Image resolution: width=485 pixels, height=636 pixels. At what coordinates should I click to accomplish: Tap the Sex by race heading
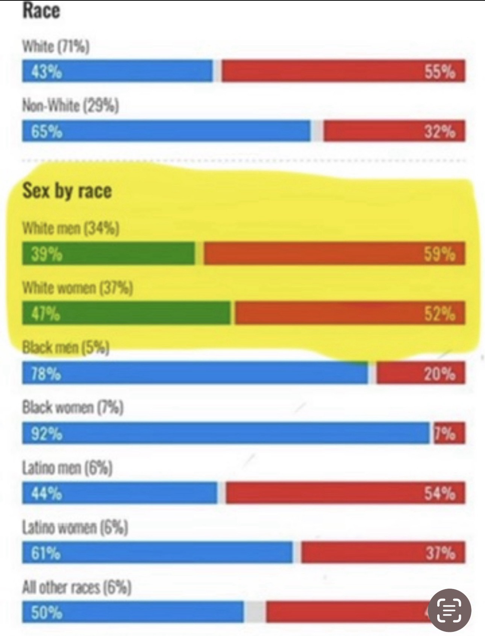(x=67, y=190)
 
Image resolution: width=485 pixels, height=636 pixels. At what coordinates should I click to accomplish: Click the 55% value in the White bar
(x=440, y=71)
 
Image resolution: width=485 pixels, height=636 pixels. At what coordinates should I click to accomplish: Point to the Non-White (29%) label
(x=71, y=106)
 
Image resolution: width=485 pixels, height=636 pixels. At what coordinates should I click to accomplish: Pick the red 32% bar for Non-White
(x=394, y=131)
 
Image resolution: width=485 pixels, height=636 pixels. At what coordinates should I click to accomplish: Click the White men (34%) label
(x=71, y=228)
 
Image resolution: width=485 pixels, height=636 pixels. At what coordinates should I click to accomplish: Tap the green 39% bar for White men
(x=108, y=254)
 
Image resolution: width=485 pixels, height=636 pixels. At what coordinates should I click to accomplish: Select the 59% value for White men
(x=440, y=254)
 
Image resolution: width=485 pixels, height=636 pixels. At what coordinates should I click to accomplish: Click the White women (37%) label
(x=77, y=288)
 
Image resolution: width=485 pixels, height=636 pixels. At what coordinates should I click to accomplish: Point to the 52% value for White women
(x=440, y=313)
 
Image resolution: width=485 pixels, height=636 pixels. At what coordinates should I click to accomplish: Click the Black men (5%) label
(x=66, y=347)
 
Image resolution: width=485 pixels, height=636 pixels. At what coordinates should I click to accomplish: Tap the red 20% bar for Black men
(x=420, y=373)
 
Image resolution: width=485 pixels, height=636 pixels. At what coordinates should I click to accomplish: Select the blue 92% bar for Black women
(x=226, y=433)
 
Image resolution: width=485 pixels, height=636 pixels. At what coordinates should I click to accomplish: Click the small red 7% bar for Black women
(x=449, y=433)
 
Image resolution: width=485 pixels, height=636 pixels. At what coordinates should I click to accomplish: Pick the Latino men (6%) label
(x=67, y=468)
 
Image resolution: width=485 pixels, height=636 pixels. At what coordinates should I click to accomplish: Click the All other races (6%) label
(x=77, y=587)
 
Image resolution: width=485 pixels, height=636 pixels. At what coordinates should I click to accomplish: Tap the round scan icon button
(x=450, y=610)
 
